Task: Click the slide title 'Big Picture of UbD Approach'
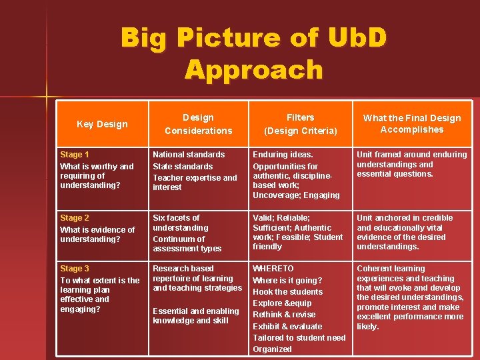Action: point(253,53)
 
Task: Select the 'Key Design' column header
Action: point(102,124)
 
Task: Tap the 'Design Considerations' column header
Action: point(198,124)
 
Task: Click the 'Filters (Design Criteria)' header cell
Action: point(300,124)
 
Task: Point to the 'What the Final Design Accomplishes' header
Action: point(411,124)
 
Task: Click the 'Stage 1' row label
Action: point(75,154)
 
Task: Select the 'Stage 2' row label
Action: point(75,217)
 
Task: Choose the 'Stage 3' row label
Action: point(75,268)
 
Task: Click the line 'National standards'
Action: point(189,154)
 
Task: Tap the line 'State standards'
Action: point(183,166)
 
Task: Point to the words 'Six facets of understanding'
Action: point(181,223)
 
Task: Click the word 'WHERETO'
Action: point(273,268)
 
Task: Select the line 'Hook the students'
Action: point(287,291)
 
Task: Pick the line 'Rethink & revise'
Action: point(284,314)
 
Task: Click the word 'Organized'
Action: point(272,349)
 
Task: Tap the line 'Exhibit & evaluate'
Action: point(287,326)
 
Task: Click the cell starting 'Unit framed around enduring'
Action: point(411,164)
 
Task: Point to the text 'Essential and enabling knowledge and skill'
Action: point(195,315)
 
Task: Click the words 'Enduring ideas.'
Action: point(283,154)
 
